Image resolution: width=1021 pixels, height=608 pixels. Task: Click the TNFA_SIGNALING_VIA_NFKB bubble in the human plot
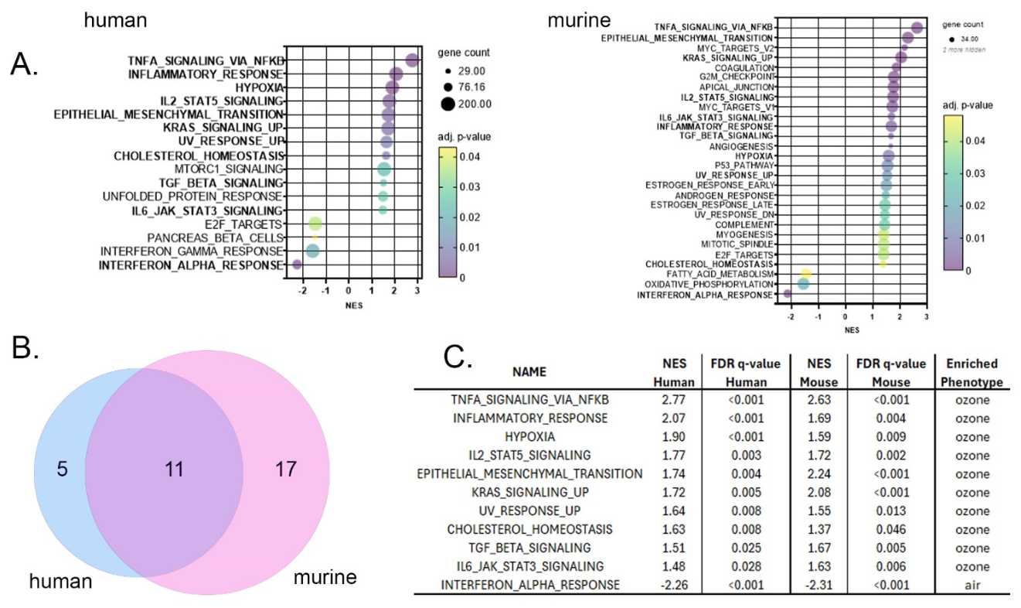click(x=412, y=60)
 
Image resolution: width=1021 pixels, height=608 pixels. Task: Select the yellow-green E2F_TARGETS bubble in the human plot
click(x=315, y=224)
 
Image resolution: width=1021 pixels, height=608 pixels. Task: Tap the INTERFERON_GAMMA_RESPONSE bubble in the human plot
click(x=312, y=251)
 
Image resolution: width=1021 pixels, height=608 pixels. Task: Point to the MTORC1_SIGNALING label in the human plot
click(x=229, y=169)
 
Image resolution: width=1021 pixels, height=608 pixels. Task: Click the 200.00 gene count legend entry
click(x=466, y=104)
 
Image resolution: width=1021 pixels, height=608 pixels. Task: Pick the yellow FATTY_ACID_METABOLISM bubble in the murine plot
click(x=805, y=274)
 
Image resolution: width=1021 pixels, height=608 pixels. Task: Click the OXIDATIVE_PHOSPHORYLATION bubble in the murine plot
click(x=804, y=284)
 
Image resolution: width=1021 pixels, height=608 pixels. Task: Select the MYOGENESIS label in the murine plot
click(x=745, y=234)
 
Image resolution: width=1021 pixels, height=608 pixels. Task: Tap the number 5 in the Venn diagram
click(x=62, y=470)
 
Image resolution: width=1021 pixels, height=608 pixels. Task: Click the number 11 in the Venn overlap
click(x=174, y=470)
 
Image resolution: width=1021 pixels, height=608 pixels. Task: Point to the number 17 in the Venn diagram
click(x=286, y=470)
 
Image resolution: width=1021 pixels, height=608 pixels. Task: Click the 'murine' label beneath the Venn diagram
click(x=325, y=577)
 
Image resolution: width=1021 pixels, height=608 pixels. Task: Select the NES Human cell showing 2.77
click(x=674, y=400)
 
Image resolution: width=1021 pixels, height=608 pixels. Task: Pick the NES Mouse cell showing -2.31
click(x=819, y=585)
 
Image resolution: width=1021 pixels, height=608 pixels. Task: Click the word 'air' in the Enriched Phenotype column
click(x=972, y=585)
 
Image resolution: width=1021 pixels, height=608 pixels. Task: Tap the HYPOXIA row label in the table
click(x=529, y=437)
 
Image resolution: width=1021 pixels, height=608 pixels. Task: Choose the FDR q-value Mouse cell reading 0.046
click(x=890, y=530)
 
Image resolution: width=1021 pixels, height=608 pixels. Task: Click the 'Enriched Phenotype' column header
click(x=972, y=373)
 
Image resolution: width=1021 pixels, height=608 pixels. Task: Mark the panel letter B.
click(x=25, y=348)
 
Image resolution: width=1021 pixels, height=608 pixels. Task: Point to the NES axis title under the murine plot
click(x=852, y=330)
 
